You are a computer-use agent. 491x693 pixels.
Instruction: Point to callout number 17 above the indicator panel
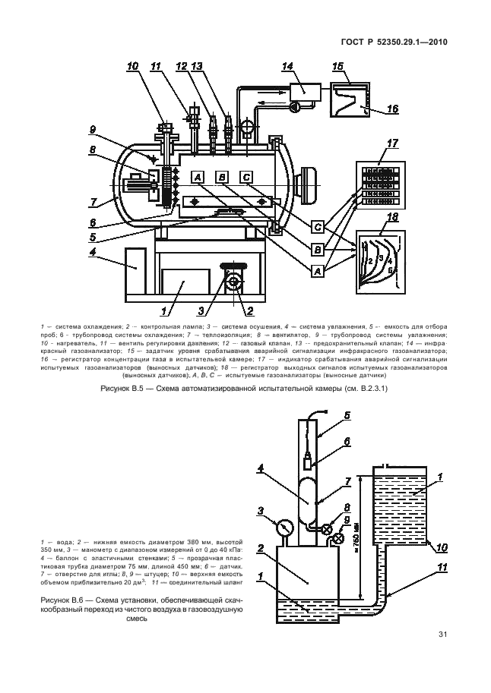393,144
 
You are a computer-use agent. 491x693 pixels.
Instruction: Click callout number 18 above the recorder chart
392,218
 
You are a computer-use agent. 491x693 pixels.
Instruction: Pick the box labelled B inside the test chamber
222,177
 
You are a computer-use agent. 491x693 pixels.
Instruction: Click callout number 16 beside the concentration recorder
392,109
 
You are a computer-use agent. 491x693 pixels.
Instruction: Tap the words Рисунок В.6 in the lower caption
57,599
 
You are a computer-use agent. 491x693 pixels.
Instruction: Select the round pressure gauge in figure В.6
284,525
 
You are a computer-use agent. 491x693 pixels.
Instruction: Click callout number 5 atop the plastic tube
347,415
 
